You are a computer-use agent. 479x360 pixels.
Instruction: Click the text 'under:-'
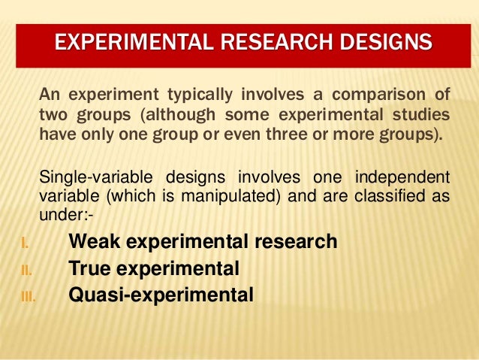pos(66,216)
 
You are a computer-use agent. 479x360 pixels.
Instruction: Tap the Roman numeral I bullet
pos(24,243)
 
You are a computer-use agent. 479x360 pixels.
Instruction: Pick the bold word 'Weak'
pos(92,242)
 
